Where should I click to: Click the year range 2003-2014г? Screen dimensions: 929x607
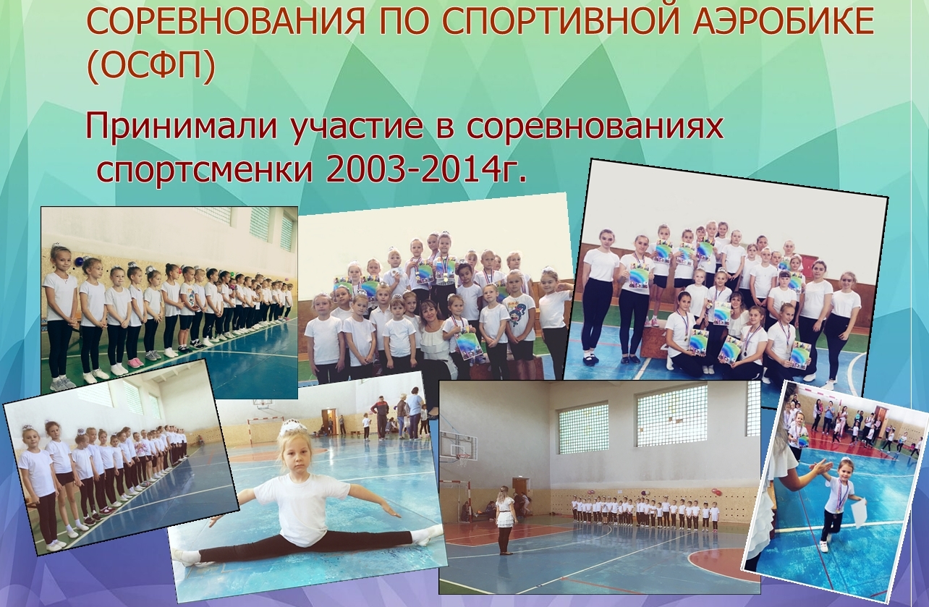426,168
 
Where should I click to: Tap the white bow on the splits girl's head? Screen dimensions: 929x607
293,428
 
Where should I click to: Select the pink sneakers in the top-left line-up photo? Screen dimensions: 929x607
134,362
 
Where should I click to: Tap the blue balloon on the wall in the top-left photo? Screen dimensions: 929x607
80,261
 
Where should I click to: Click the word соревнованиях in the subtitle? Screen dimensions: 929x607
597,128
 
